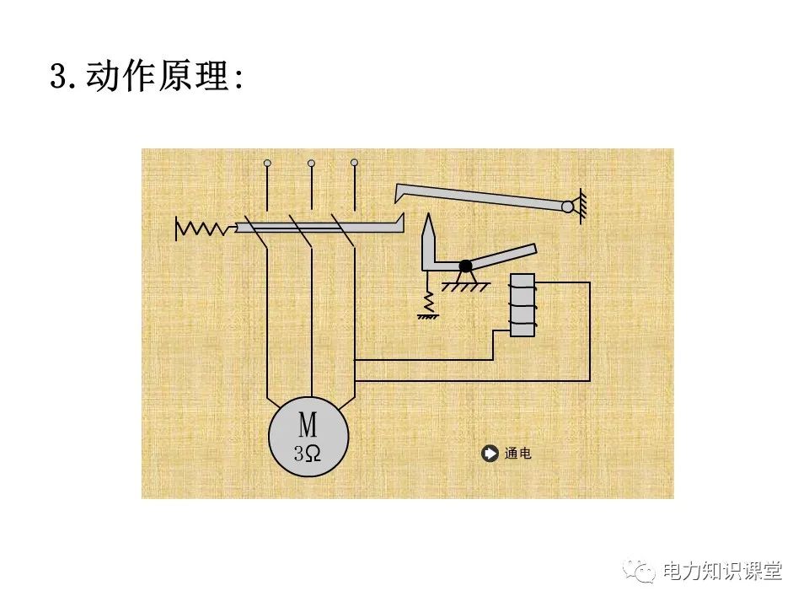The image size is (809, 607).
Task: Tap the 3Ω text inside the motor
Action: (308, 454)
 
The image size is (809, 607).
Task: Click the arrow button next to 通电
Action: (490, 454)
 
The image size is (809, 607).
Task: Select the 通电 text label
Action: (518, 454)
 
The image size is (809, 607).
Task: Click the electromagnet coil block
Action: (523, 305)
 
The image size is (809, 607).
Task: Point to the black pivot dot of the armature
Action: (465, 266)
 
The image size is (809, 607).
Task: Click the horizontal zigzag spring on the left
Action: (203, 228)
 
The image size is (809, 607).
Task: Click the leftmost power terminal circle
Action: (267, 162)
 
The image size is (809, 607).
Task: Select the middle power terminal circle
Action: (311, 162)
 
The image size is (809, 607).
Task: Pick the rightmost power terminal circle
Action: (354, 162)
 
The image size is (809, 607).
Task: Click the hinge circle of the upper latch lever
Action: (568, 207)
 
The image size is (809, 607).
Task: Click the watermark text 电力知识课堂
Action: (722, 572)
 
